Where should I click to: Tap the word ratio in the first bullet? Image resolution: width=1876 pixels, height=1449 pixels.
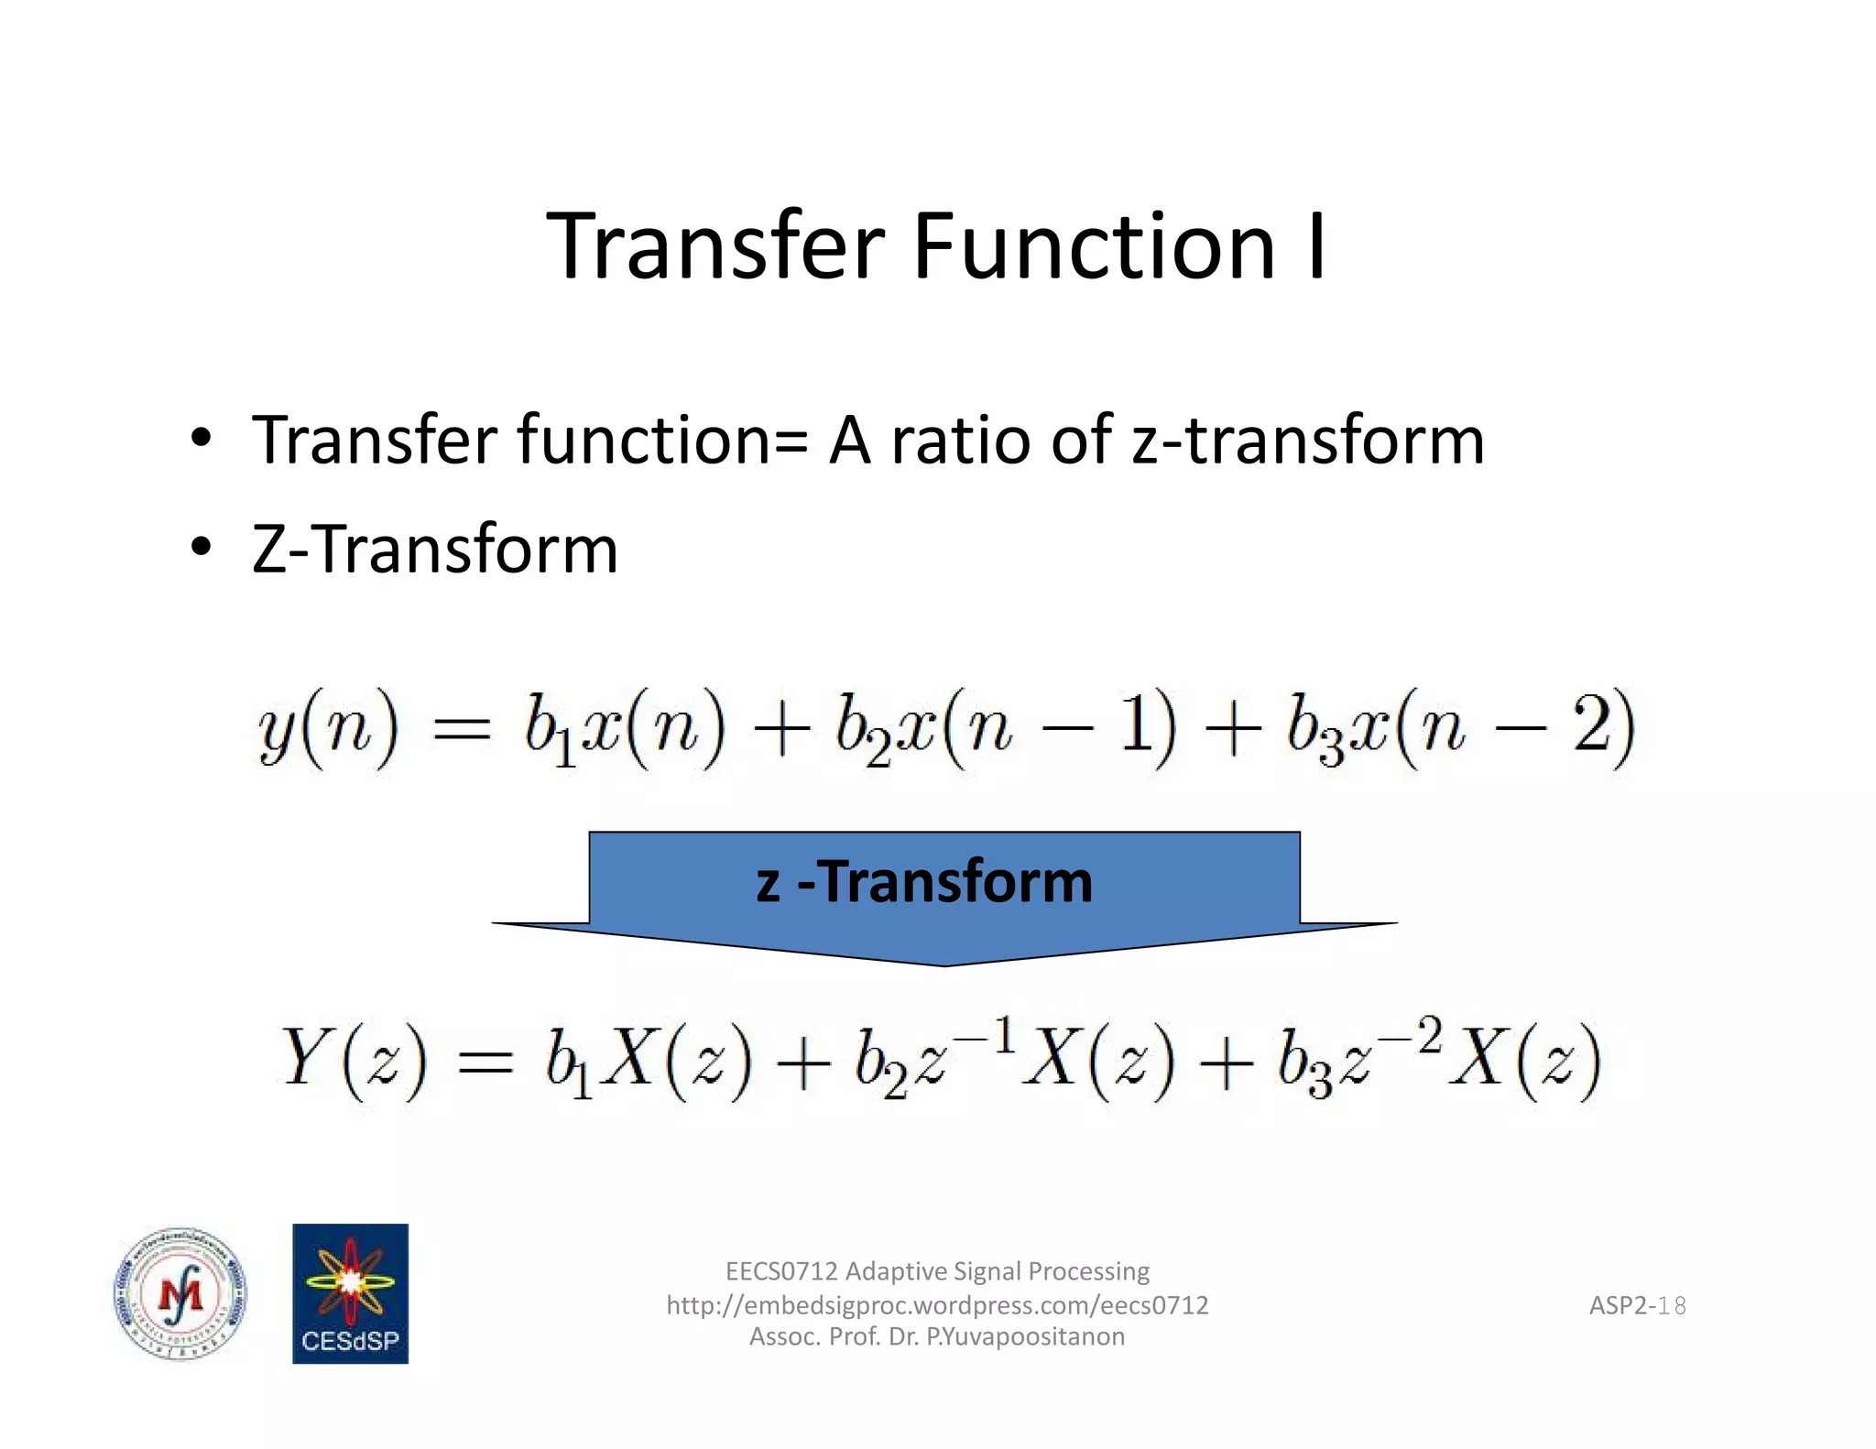pos(963,441)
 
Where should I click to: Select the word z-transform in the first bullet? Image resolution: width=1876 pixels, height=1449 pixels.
pos(1307,441)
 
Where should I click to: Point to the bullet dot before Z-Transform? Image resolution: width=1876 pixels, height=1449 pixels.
pos(201,547)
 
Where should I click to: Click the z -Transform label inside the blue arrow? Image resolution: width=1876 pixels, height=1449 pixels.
pos(924,881)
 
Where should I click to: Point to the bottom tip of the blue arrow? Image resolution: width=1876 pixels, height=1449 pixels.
pos(944,964)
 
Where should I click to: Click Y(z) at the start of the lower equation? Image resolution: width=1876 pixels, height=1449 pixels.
pos(354,1060)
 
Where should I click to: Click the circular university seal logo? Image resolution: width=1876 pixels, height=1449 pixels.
pos(180,1294)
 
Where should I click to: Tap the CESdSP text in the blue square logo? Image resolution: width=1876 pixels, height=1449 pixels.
pos(350,1341)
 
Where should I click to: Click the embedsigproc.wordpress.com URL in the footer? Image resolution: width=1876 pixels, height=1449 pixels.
pos(937,1304)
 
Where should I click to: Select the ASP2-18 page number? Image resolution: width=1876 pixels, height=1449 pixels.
pos(1637,1305)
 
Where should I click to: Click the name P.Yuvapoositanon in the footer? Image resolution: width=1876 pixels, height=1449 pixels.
pos(1025,1336)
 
